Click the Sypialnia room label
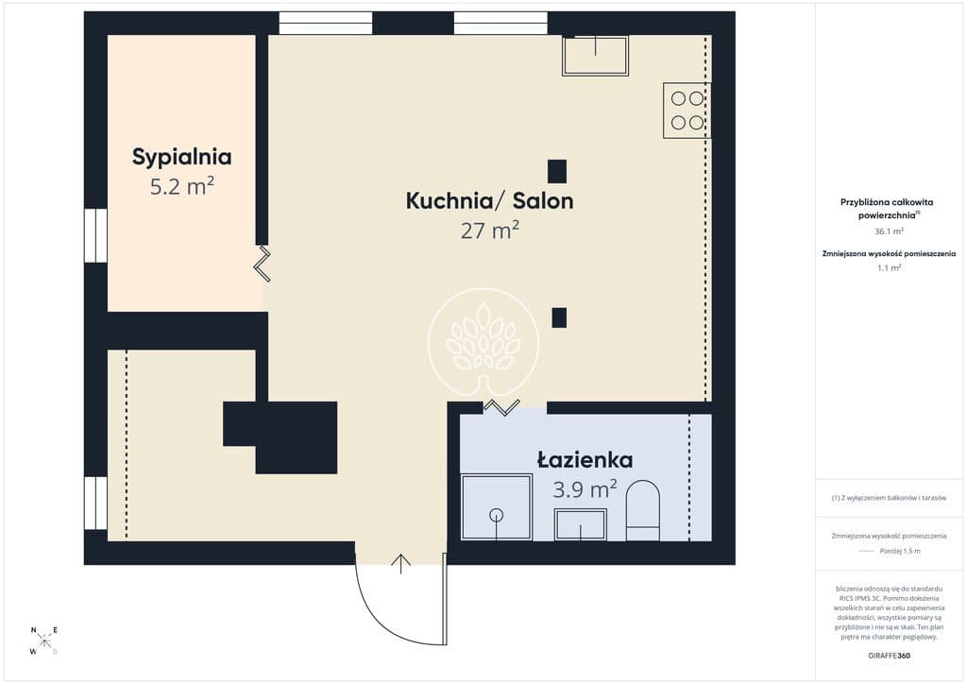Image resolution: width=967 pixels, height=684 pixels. [x=182, y=157]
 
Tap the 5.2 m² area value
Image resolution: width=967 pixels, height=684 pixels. [x=182, y=186]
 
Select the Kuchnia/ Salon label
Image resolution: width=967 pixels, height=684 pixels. [x=490, y=201]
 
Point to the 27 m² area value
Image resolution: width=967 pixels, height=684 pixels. [x=490, y=231]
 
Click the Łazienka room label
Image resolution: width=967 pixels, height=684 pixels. [x=585, y=460]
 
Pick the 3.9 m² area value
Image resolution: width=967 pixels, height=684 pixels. [x=585, y=489]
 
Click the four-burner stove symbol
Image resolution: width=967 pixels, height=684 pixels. [x=687, y=111]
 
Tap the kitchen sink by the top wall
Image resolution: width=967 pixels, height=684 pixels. [x=595, y=56]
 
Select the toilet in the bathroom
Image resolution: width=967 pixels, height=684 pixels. [x=643, y=511]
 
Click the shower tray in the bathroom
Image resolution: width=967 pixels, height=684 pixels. [x=497, y=507]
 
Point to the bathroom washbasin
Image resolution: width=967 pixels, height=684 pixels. [x=581, y=525]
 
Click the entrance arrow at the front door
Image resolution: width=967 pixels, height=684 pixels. [x=401, y=563]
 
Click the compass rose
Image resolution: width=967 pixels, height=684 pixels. [x=43, y=641]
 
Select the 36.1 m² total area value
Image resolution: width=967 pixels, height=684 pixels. [x=890, y=231]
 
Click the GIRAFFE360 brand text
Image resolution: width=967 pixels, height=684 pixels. [x=889, y=656]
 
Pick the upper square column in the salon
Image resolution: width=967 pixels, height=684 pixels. [x=557, y=171]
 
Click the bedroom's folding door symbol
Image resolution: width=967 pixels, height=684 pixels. [x=263, y=264]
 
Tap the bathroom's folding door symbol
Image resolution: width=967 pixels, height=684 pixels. [x=501, y=407]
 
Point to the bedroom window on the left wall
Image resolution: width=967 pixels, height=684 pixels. [x=95, y=235]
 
